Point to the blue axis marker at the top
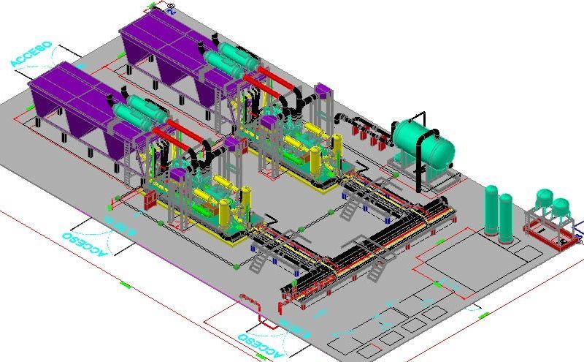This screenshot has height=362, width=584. coord(170,10)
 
